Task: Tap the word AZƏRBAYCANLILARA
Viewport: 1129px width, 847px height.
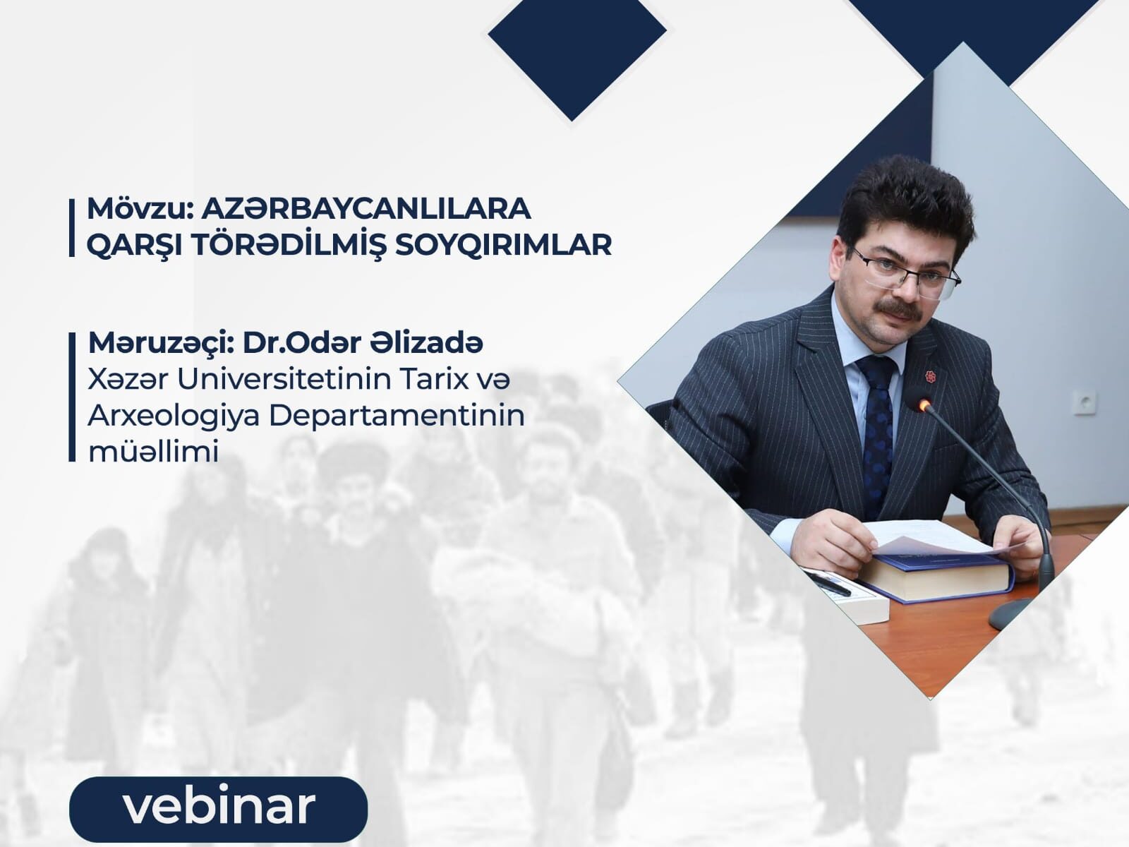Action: pos(366,209)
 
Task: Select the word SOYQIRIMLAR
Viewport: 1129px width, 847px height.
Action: pos(502,245)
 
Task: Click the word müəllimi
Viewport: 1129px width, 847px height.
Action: pos(153,452)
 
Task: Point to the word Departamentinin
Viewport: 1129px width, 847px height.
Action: pos(397,416)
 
